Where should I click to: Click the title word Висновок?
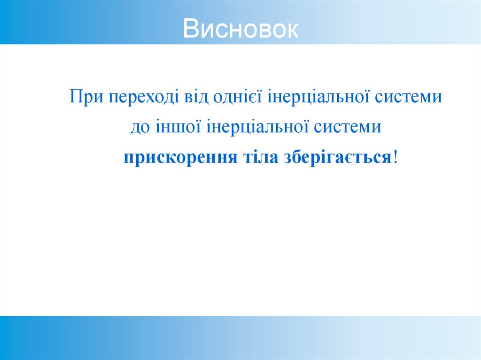tap(240, 29)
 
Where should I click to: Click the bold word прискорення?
tap(180, 157)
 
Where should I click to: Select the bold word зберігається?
tap(337, 157)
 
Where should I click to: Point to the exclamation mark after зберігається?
tap(396, 156)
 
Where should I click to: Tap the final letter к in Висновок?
tap(292, 29)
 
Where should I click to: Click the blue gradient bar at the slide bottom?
tap(240, 337)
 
